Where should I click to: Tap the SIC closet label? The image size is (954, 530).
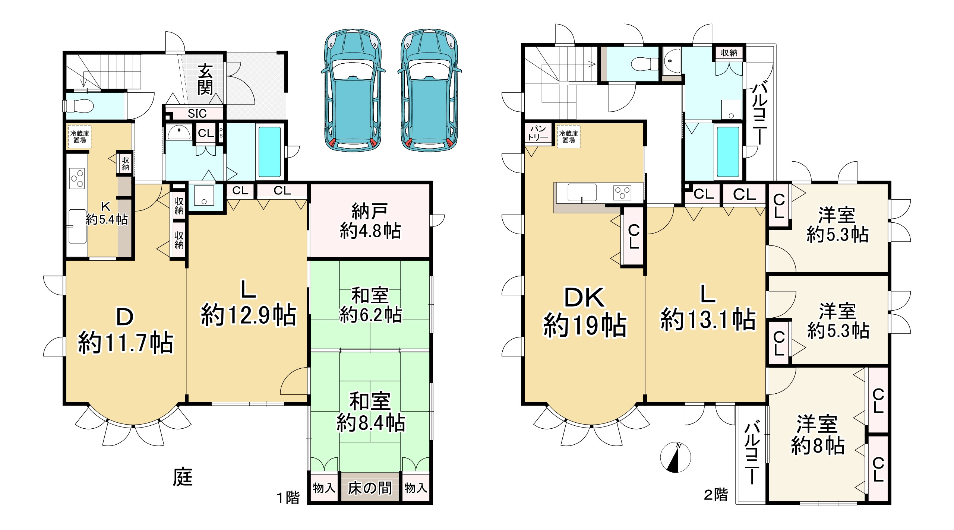[x=197, y=113]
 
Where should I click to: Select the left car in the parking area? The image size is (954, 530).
[x=353, y=91]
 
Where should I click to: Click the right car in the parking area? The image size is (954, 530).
[x=429, y=91]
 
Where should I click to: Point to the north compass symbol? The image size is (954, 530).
[x=675, y=457]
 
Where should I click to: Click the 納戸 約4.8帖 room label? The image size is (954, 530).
[x=370, y=221]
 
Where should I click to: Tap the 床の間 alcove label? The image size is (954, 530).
[x=370, y=488]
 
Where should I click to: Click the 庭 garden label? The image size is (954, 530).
[x=183, y=477]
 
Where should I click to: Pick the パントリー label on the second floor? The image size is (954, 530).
[x=537, y=133]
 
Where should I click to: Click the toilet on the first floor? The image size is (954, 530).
[x=79, y=106]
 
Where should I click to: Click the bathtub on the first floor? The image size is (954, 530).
[x=269, y=152]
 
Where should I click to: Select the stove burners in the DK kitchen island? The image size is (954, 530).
[x=622, y=193]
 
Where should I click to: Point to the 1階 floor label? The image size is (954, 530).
[x=288, y=498]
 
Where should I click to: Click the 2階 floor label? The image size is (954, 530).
[x=715, y=495]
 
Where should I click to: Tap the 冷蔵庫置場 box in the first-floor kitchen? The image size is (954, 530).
[x=79, y=137]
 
